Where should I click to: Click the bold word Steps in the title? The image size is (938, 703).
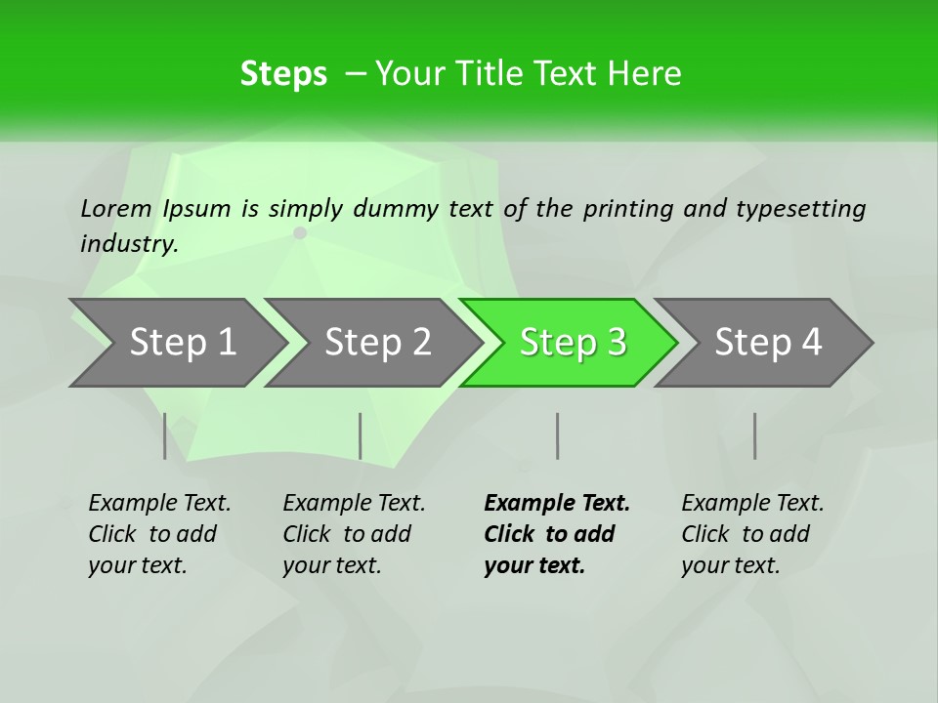[x=283, y=74]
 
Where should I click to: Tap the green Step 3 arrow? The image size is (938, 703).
[x=573, y=343]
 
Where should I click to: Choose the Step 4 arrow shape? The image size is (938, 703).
[x=768, y=343]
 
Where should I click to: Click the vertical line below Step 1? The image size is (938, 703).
[x=164, y=435]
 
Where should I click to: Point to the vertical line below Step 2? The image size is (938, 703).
[x=361, y=435]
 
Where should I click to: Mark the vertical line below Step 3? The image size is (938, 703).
[x=557, y=435]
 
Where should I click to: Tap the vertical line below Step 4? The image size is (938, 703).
[x=754, y=435]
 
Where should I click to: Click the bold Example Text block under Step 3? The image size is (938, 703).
[x=556, y=534]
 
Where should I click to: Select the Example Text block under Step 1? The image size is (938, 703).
[x=159, y=534]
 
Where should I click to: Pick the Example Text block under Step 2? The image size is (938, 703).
[x=354, y=534]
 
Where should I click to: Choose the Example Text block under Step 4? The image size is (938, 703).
[x=752, y=534]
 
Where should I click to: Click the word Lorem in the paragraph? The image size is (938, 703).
[x=116, y=209]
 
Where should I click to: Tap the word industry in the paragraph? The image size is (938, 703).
[x=128, y=243]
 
